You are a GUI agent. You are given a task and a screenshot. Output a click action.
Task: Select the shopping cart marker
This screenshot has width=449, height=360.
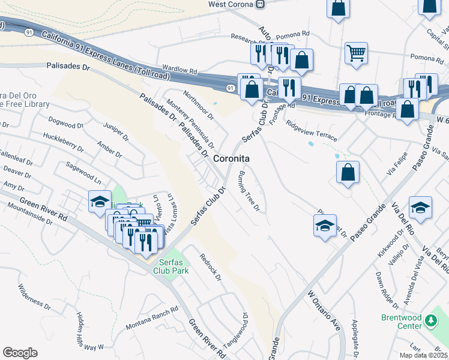(x=356, y=53)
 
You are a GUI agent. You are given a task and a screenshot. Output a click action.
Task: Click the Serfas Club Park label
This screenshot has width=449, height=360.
(x=173, y=266)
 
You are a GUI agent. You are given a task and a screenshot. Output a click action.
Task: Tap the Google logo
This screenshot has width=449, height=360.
(x=20, y=353)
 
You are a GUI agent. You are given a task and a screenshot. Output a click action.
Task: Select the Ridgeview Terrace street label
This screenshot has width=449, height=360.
(x=312, y=132)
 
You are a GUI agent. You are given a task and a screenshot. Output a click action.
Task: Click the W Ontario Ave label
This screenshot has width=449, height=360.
(x=324, y=311)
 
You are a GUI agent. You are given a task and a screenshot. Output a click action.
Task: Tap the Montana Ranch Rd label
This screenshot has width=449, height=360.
(x=152, y=319)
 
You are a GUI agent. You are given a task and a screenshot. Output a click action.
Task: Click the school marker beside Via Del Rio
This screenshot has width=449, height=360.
(x=421, y=208)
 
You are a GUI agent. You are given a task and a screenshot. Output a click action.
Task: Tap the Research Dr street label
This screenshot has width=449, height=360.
(x=249, y=38)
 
